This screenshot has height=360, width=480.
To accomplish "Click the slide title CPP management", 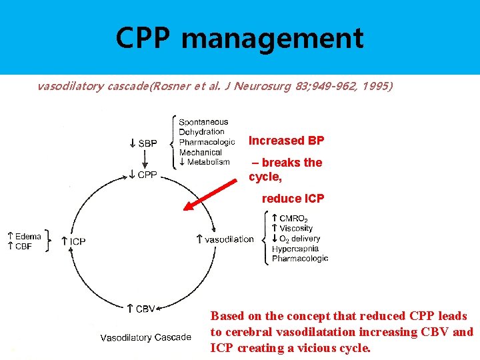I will [239, 38].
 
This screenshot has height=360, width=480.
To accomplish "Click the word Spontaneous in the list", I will [203, 122].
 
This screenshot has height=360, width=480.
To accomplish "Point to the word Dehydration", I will [201, 132].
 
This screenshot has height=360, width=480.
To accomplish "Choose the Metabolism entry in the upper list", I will [208, 162].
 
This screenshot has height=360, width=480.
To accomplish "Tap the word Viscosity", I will [295, 228].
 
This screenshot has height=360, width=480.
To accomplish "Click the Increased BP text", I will [286, 141].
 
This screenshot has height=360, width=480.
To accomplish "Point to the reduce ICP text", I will [293, 199].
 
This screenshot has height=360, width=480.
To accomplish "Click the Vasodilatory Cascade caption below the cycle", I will [145, 337].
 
